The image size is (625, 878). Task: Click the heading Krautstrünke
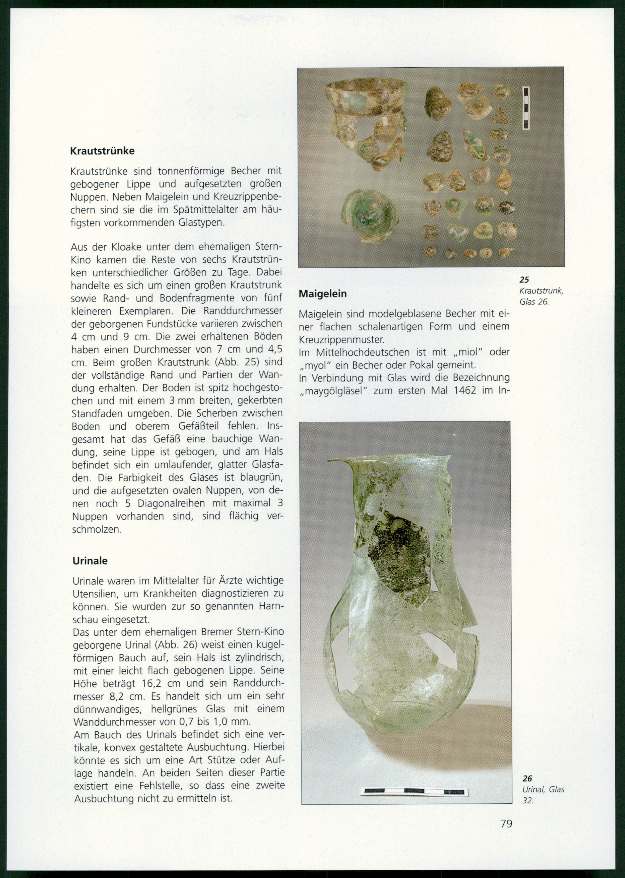(102, 151)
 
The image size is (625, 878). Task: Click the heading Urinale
(90, 560)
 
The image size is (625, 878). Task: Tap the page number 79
(506, 823)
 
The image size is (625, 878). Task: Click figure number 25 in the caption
(524, 280)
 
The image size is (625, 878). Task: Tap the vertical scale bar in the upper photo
(526, 108)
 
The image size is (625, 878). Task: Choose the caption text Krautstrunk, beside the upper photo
(541, 291)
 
